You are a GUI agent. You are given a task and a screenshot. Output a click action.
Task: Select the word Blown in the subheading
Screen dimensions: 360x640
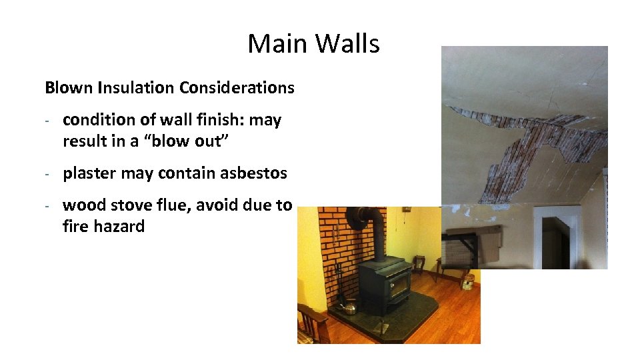pos(69,87)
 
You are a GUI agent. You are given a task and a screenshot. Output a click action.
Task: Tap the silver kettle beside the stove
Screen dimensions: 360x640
pos(350,307)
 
